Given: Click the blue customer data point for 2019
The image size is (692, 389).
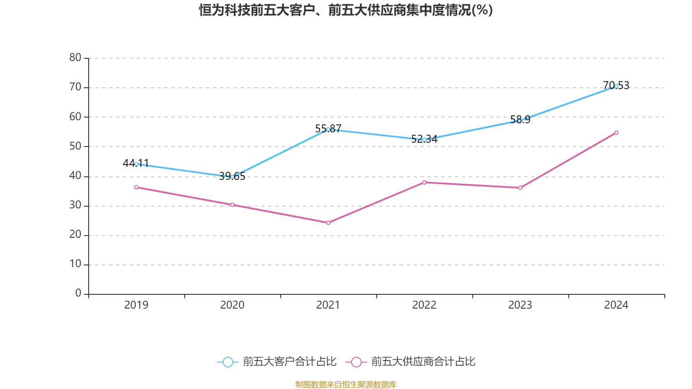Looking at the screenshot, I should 136,164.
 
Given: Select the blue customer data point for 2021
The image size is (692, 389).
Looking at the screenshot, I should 328,129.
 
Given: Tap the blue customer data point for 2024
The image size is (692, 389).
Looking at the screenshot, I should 616,86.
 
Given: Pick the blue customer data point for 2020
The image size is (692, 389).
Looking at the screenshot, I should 232,177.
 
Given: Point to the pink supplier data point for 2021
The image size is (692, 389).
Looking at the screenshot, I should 328,223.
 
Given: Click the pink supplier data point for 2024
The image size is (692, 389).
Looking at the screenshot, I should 616,133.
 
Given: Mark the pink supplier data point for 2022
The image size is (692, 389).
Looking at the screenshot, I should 424,182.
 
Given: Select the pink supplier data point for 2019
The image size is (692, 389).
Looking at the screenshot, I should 136,187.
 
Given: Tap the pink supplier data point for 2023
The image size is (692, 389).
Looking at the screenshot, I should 520,188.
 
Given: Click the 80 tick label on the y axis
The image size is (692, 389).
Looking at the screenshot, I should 75,57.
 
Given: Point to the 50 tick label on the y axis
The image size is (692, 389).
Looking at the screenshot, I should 75,146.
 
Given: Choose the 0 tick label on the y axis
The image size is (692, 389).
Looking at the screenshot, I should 78,293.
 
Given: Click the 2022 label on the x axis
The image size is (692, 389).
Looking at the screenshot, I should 424,305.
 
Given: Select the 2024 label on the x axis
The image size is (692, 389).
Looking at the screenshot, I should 616,305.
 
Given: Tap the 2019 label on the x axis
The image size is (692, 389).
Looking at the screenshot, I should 136,305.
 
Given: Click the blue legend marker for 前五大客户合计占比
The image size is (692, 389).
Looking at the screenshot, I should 227,362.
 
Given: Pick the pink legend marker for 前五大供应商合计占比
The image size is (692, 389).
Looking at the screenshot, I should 356,362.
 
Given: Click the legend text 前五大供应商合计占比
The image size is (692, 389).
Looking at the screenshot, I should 423,362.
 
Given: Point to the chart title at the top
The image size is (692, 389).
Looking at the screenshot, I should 346,10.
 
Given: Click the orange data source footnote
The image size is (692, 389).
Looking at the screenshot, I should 346,384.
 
